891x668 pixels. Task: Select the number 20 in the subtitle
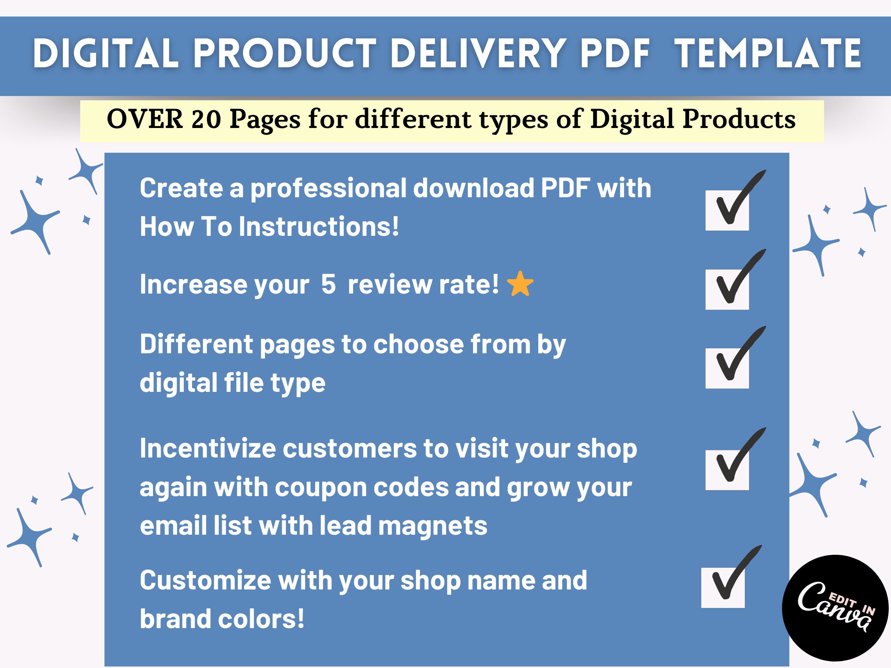206,120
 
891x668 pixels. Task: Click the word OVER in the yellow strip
145,120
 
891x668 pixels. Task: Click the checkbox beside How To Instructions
727,210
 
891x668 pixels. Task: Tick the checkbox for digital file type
727,368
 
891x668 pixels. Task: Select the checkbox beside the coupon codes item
727,469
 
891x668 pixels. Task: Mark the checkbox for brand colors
723,588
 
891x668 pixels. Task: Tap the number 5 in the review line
328,284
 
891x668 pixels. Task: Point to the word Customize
206,581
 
